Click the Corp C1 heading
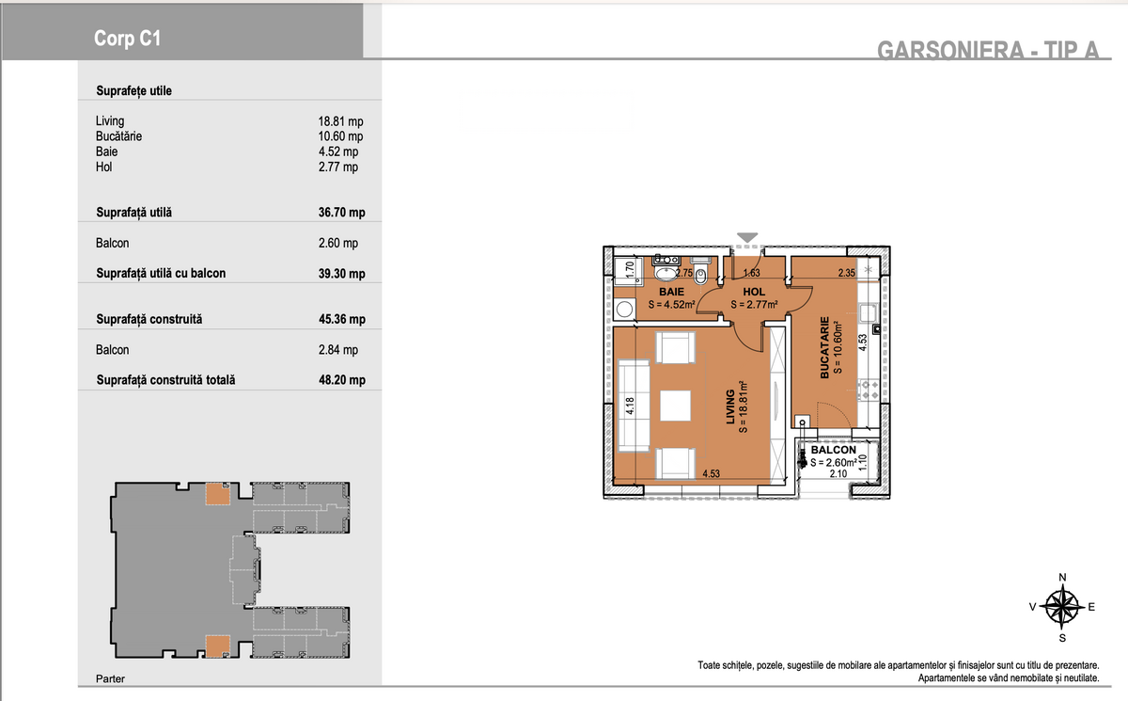point(127,39)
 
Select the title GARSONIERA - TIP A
point(988,50)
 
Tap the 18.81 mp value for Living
point(340,121)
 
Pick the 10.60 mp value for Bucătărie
point(340,136)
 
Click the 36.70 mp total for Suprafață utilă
point(341,212)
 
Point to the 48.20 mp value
point(342,379)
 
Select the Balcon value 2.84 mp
point(337,350)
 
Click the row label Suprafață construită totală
point(165,380)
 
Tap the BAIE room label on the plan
point(672,292)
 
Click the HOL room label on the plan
point(754,292)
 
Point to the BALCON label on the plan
point(834,450)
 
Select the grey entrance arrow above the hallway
point(747,237)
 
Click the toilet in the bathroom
point(700,271)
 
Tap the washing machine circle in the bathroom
point(624,309)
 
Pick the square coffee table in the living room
point(675,406)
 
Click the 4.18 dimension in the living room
point(630,406)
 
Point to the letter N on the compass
point(1062,578)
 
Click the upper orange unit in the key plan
point(217,494)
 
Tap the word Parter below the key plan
point(110,678)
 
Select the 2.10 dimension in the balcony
point(838,473)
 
